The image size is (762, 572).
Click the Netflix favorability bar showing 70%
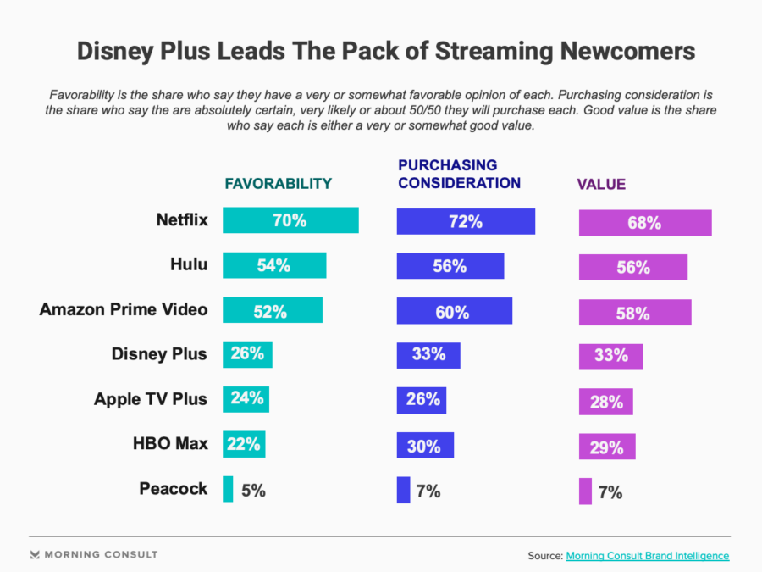click(290, 220)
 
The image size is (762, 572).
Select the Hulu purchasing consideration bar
click(450, 266)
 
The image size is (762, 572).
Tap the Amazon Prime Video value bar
click(634, 313)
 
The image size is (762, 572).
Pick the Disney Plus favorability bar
click(247, 354)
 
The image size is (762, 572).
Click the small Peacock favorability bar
click(228, 489)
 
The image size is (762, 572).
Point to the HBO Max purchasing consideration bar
click(425, 445)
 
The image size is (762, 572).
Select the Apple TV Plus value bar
click(605, 402)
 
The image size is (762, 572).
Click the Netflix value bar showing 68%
click(644, 223)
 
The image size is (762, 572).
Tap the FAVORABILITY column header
click(278, 184)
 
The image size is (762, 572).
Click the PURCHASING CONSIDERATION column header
click(459, 174)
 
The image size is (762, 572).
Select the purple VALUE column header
click(601, 185)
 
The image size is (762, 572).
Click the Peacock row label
click(173, 489)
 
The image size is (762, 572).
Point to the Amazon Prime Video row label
click(124, 309)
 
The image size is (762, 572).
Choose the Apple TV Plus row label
click(150, 399)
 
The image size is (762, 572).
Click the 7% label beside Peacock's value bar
click(610, 492)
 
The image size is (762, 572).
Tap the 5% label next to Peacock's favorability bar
click(252, 490)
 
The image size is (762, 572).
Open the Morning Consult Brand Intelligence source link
click(647, 556)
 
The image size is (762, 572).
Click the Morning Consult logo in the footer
click(93, 555)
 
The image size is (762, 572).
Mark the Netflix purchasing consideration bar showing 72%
click(466, 221)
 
